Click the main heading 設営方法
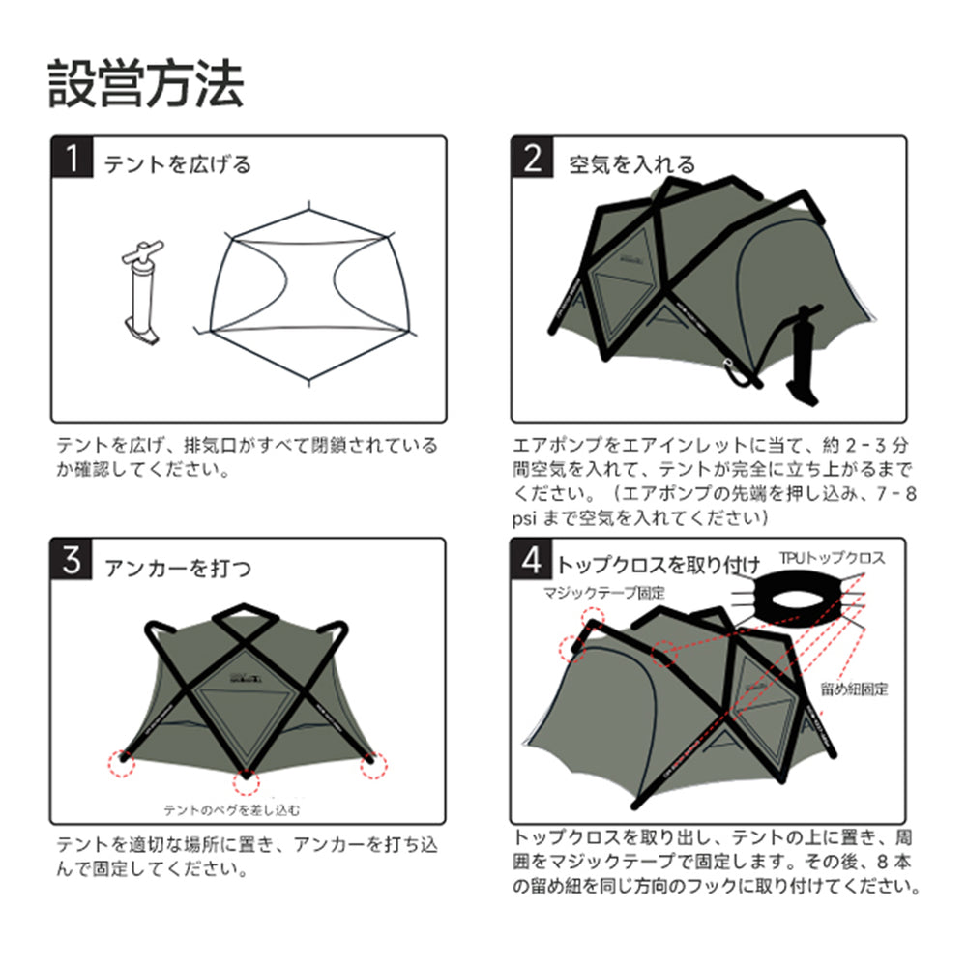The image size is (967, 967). click(x=146, y=85)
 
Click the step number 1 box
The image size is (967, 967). click(x=72, y=159)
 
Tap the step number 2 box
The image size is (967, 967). click(x=532, y=159)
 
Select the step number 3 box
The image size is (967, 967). click(x=72, y=562)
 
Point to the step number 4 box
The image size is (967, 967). click(x=532, y=560)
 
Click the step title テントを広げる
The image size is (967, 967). click(x=178, y=164)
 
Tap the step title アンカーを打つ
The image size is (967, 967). click(x=178, y=568)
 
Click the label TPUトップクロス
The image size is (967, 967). click(x=832, y=559)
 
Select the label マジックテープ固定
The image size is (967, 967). click(x=604, y=592)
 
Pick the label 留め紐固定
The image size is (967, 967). click(x=854, y=689)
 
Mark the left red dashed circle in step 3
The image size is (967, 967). click(x=121, y=762)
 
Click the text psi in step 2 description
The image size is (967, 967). click(x=528, y=517)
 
